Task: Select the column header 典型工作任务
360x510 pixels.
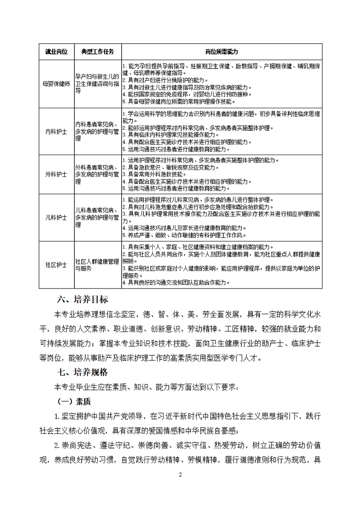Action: [x=98, y=52]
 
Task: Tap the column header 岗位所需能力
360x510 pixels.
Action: [x=222, y=52]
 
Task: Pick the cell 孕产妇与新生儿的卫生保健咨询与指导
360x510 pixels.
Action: [x=98, y=84]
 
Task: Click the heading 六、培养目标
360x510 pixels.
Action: [x=82, y=299]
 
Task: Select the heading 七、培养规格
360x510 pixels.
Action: [x=82, y=372]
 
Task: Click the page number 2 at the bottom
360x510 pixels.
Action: [x=180, y=475]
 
